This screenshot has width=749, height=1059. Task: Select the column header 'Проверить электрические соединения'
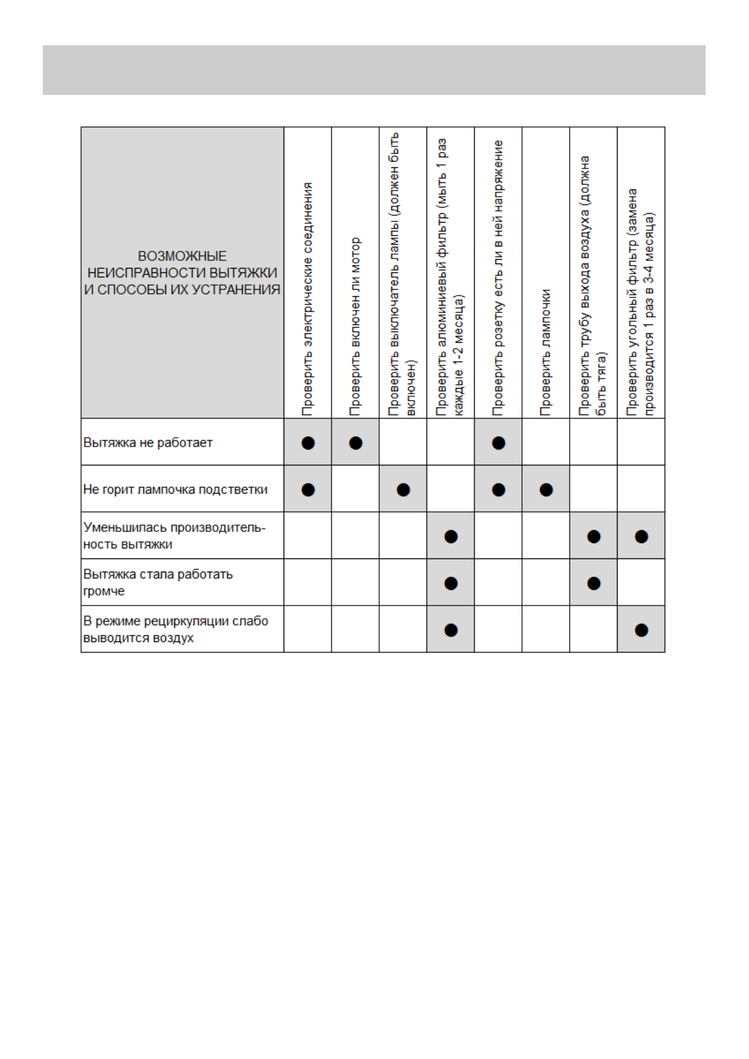[308, 299]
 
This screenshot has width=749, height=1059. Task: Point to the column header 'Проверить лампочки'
[546, 352]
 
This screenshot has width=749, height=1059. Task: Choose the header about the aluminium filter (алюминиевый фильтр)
[450, 277]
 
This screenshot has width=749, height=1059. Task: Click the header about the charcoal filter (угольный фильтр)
[641, 302]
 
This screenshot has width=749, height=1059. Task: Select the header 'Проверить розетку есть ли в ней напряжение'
[498, 277]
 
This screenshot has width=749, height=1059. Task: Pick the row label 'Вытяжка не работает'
[148, 443]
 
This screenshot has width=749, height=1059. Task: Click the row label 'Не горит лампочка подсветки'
[175, 489]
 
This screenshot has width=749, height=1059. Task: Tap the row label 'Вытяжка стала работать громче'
[158, 582]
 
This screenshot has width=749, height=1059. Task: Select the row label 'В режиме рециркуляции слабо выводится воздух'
[175, 629]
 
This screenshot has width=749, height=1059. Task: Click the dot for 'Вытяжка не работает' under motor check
[355, 443]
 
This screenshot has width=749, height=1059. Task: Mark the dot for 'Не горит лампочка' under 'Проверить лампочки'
[546, 489]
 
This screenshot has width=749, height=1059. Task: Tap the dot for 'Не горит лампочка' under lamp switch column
[403, 489]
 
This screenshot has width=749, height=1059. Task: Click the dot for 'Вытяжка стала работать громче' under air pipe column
[594, 583]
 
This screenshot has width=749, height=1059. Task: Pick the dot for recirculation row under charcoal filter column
[641, 629]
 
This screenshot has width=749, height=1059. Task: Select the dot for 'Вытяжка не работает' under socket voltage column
[499, 443]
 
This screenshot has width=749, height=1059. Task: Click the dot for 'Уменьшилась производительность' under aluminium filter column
[451, 536]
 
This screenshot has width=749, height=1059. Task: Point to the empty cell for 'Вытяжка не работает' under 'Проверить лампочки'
[546, 442]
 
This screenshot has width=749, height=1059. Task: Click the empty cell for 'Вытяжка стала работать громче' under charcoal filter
[641, 582]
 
